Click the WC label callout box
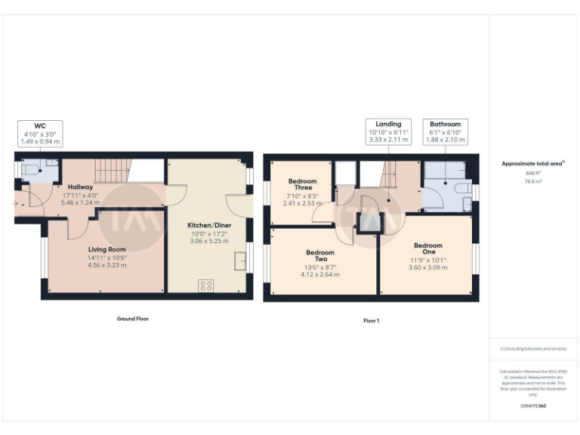[x=40, y=133]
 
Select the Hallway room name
[x=80, y=187]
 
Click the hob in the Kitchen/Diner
[x=205, y=285]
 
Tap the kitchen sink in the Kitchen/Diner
[x=239, y=262]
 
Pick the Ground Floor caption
[x=132, y=319]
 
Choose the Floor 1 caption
[x=371, y=320]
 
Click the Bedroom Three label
[x=302, y=186]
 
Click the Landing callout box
[x=388, y=131]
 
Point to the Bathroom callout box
[x=445, y=131]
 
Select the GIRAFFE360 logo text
[x=533, y=406]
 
